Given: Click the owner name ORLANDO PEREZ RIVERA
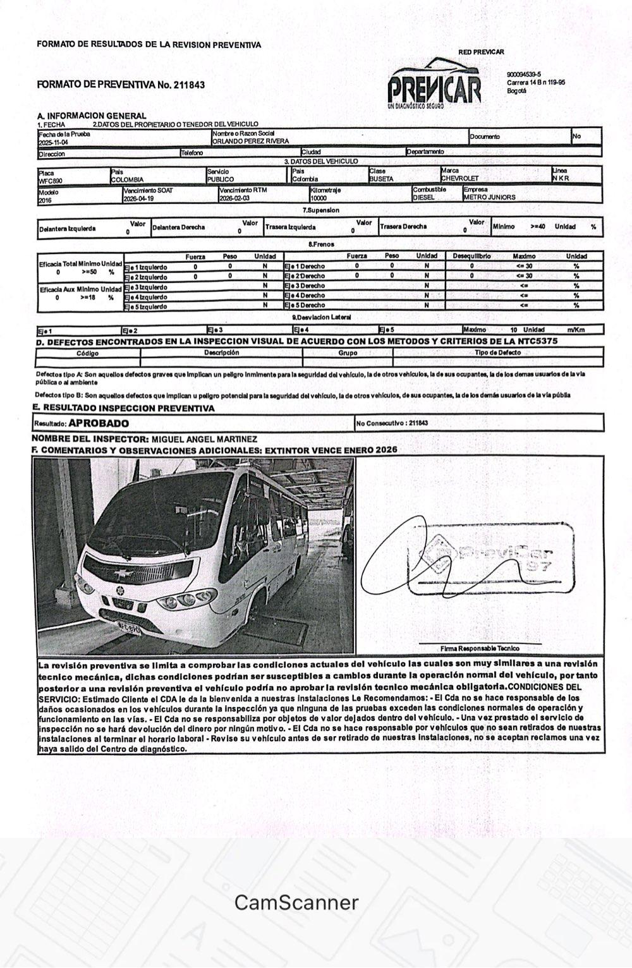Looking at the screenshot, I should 250,142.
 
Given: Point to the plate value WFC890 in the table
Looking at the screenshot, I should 51,179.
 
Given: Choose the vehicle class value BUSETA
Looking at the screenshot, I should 381,179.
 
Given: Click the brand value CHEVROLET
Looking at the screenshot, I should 460,179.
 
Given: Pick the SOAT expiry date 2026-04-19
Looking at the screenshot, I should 139,198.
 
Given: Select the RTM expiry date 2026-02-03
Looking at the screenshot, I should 234,198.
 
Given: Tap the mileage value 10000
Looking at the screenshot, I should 319,198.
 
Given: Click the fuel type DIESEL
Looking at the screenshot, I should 423,197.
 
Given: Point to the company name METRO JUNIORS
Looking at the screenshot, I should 489,197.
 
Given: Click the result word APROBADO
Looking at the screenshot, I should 99,423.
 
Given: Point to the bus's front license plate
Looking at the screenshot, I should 129,629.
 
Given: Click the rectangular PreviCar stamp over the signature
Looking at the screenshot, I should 491,559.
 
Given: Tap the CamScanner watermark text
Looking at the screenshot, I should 296,902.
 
